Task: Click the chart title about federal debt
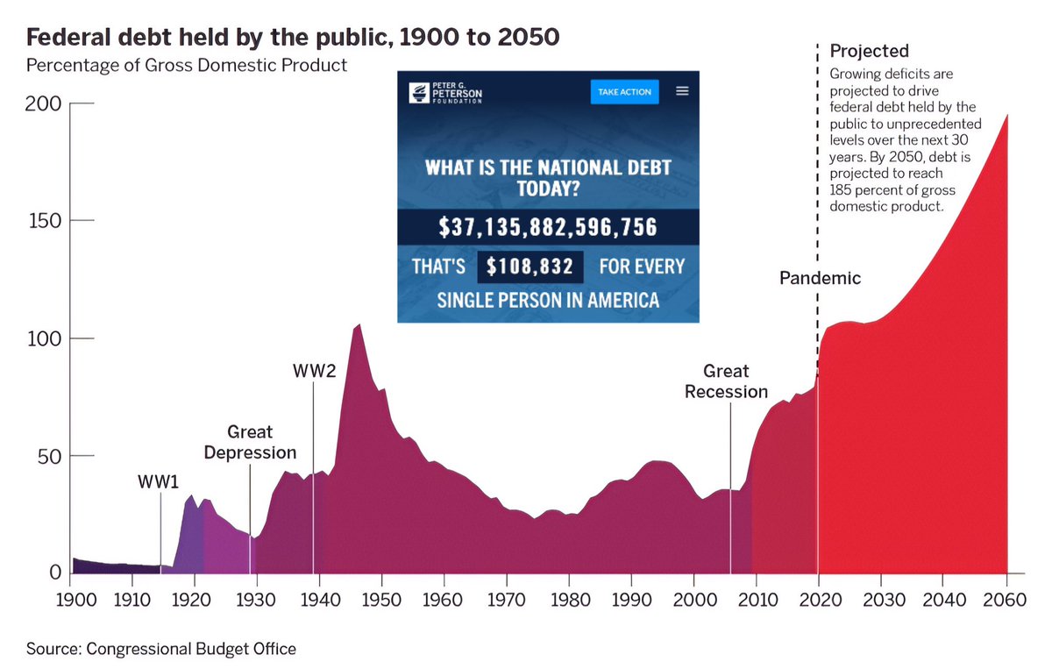point(293,39)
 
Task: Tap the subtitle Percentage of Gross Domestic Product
point(187,66)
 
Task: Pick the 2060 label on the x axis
point(1005,603)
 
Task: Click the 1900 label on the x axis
point(70,603)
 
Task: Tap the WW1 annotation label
point(159,482)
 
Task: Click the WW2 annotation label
point(314,371)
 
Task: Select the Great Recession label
point(726,382)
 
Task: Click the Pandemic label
point(821,279)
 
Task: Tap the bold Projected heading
point(869,51)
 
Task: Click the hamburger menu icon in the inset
point(682,91)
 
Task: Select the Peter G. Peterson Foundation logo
point(445,91)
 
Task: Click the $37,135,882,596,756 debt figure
point(548,228)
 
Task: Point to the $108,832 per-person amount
point(530,266)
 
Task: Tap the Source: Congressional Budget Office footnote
point(161,649)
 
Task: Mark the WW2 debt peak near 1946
point(358,325)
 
